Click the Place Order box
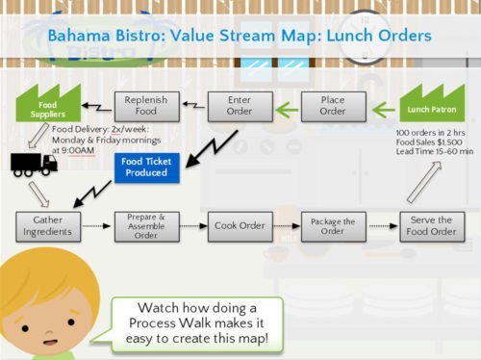tap(333, 105)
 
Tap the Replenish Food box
tap(146, 105)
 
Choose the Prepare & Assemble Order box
tap(146, 227)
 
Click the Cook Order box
tap(239, 227)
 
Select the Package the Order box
tap(333, 227)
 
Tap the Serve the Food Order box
tap(432, 227)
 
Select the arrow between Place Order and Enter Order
tap(285, 105)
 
